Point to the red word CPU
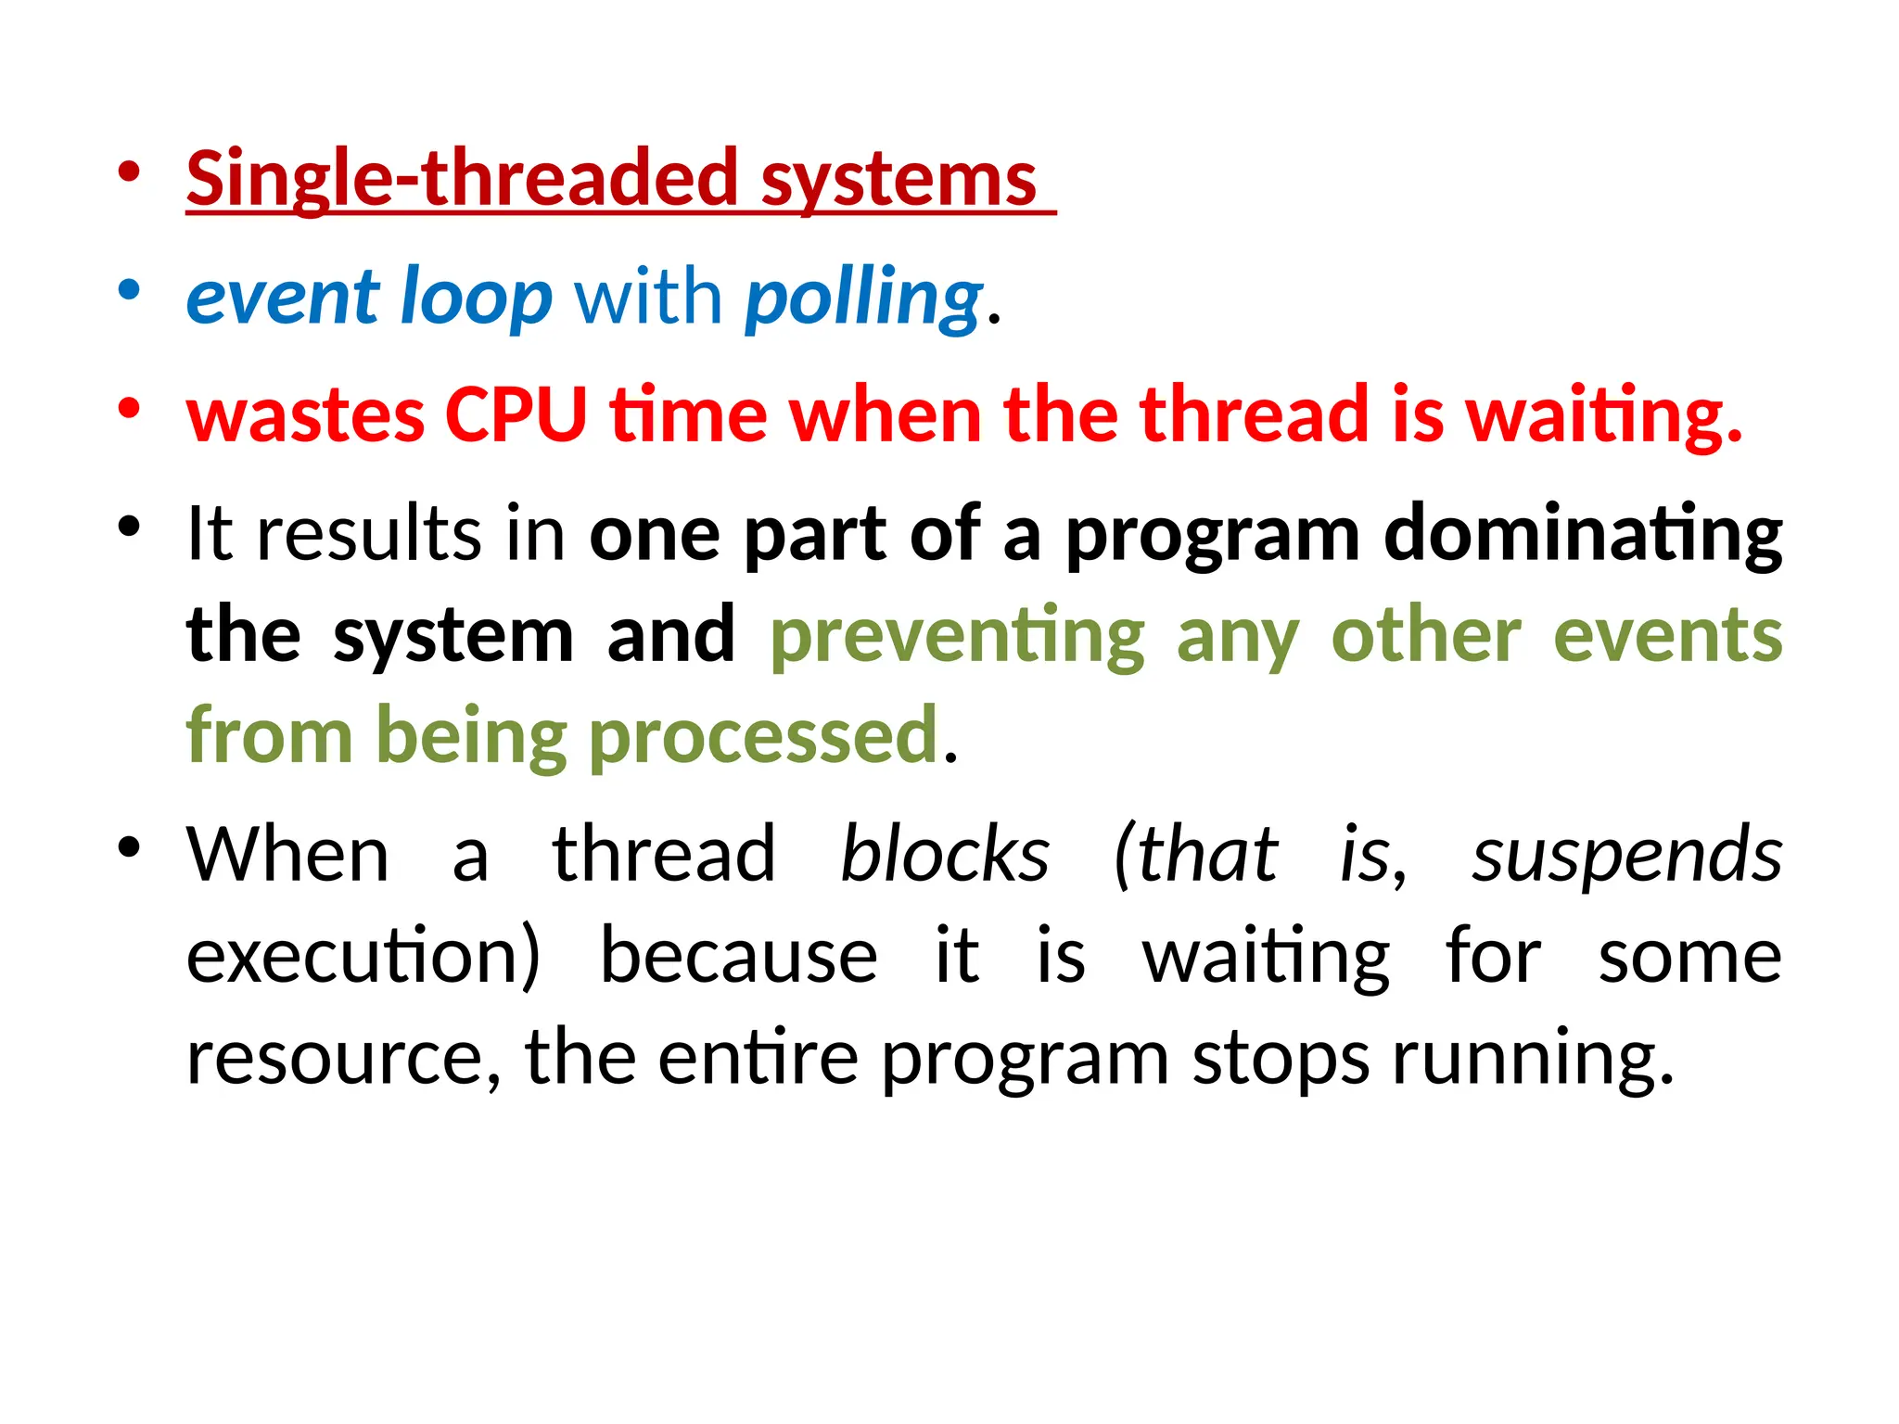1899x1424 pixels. point(516,414)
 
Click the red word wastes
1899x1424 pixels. point(305,414)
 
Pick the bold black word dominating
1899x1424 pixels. point(1582,534)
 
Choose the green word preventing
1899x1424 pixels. point(957,636)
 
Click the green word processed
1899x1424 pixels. point(764,736)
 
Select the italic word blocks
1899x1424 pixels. point(945,854)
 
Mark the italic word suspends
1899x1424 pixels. point(1626,854)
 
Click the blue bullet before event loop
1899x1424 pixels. point(129,289)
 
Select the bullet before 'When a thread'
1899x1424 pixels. point(129,846)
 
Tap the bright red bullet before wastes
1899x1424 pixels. point(129,408)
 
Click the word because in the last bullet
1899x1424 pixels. point(738,956)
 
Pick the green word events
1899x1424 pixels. point(1666,636)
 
